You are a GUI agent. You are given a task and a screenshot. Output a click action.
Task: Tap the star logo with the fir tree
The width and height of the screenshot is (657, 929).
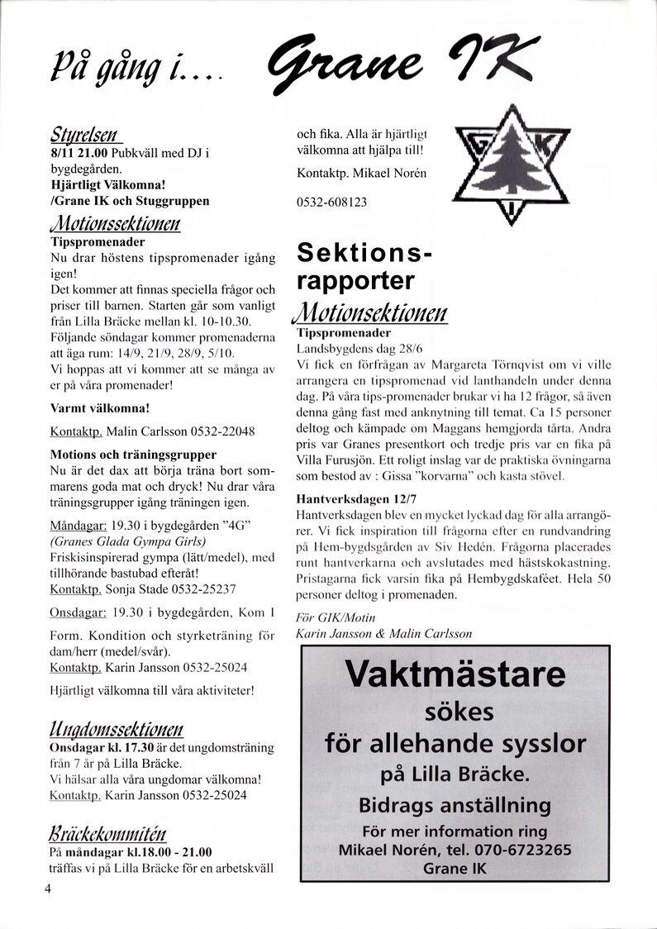511,166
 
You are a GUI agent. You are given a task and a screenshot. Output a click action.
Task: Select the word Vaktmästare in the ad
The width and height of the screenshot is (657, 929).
455,674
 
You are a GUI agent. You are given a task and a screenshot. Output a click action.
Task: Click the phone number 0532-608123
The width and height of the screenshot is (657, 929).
331,202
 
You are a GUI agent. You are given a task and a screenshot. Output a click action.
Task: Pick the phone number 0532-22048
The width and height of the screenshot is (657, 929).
222,431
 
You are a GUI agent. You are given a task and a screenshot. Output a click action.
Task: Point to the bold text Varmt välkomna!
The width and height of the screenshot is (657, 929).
100,408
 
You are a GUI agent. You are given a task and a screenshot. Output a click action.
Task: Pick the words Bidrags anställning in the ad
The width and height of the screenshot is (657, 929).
455,805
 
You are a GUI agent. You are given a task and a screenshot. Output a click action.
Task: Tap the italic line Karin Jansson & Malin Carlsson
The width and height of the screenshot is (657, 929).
384,633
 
